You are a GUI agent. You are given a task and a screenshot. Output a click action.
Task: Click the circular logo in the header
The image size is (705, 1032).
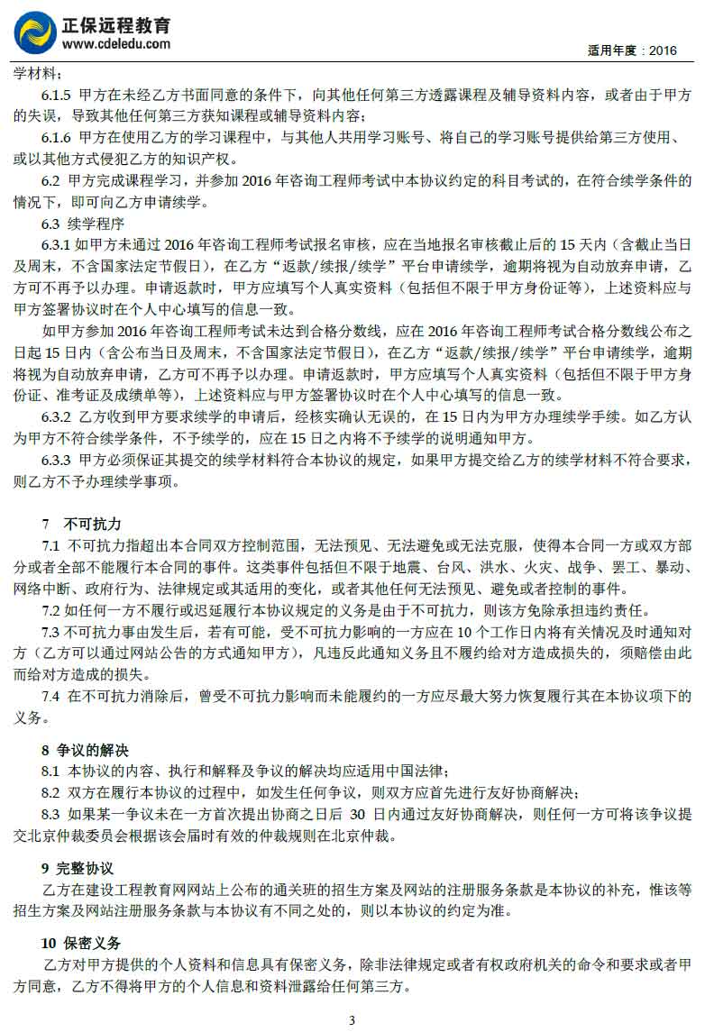(34, 32)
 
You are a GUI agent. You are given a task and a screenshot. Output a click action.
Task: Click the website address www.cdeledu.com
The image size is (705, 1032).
(116, 44)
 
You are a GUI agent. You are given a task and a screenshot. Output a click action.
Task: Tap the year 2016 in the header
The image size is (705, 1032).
(662, 50)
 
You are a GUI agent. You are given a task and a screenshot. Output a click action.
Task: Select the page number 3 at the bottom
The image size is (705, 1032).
(352, 1020)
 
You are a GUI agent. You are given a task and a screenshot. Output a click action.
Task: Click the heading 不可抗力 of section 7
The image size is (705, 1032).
(92, 524)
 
